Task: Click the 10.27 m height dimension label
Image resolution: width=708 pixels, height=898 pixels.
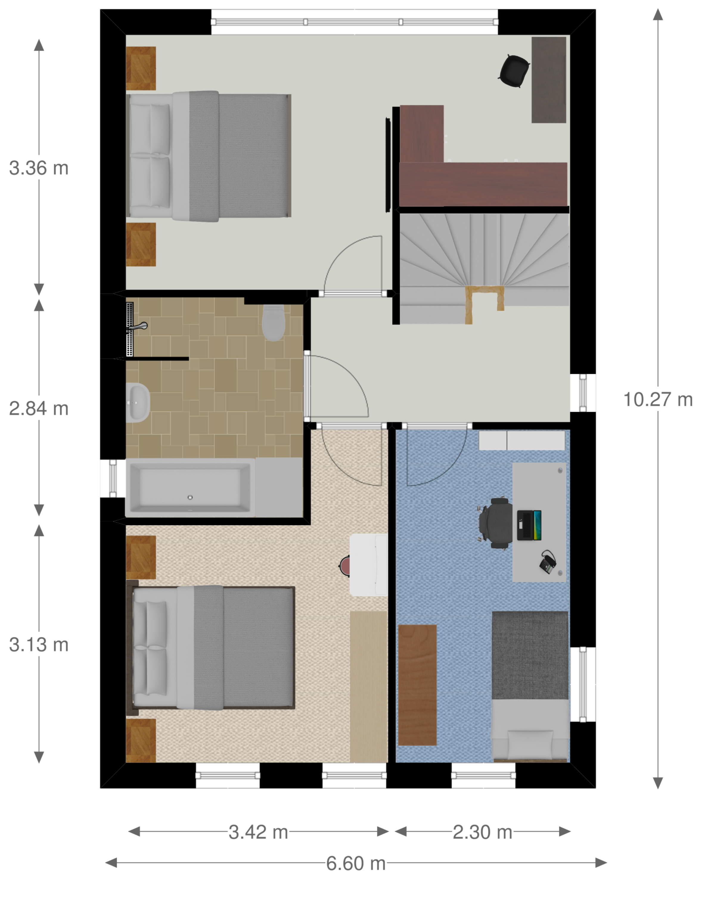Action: point(658,400)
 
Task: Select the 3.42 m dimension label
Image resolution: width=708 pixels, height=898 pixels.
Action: point(258,832)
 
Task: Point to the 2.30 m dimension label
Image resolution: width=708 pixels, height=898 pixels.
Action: point(482,832)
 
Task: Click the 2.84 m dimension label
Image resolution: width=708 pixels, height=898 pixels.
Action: point(38,408)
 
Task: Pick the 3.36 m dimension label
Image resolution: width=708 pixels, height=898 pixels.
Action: point(38,168)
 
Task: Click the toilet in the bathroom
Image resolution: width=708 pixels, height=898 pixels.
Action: point(273,323)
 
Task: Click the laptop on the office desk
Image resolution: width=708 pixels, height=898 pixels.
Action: point(529,525)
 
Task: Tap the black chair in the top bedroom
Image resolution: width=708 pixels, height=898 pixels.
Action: point(514,71)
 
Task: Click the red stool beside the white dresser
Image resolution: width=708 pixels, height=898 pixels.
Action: point(345,566)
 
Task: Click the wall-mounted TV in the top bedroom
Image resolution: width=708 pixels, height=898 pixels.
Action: point(388,165)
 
